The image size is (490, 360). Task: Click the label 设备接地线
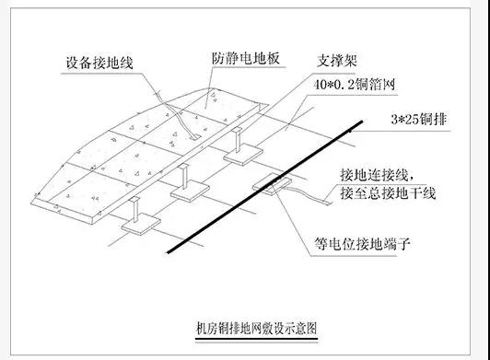pos(100,63)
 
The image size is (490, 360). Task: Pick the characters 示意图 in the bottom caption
pos(298,327)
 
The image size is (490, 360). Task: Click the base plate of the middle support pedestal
pos(188,194)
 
